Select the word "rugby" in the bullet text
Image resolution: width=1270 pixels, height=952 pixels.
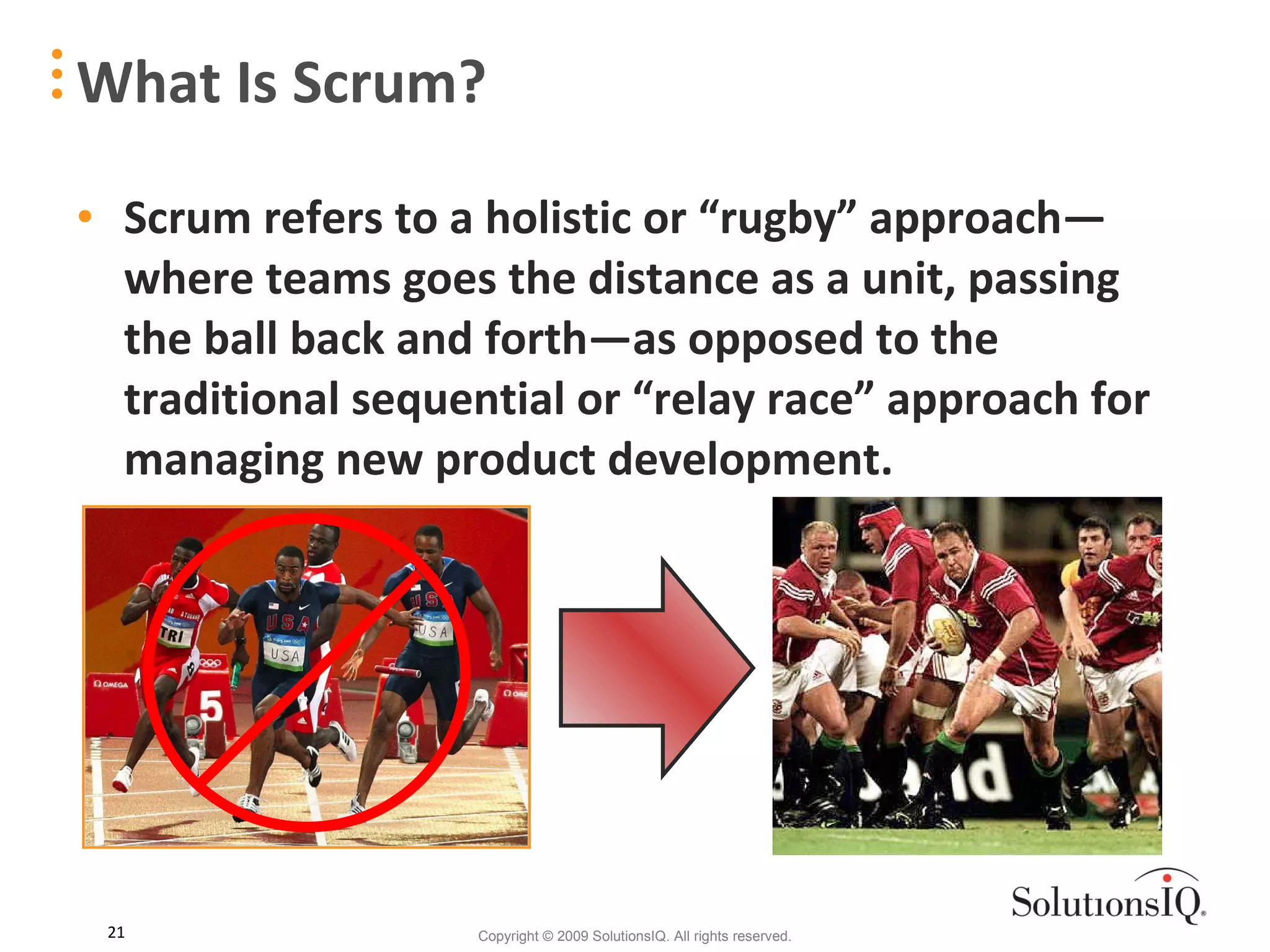coord(778,219)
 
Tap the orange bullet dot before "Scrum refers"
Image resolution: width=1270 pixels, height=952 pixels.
coord(86,216)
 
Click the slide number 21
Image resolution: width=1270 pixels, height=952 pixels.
coord(116,932)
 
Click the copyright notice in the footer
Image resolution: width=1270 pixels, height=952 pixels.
coord(634,936)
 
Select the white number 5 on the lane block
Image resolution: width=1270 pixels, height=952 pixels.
coord(210,706)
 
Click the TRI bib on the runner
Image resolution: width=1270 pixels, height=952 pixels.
coord(173,635)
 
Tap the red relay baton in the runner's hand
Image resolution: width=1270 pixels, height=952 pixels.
coord(397,670)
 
